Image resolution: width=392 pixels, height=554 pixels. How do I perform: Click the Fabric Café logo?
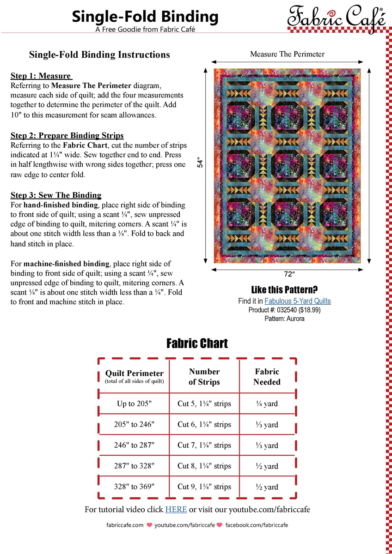(x=336, y=18)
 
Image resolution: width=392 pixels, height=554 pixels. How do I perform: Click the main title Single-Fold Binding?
(x=145, y=17)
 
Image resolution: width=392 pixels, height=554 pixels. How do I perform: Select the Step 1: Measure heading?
(x=41, y=76)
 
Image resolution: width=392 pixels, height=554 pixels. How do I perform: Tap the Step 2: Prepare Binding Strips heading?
(x=67, y=136)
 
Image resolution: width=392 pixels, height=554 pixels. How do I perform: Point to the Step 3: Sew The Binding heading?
(x=56, y=195)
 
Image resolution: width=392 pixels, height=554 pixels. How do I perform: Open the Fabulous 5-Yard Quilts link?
(x=298, y=301)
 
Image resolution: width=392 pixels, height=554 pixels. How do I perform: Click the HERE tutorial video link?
(x=176, y=510)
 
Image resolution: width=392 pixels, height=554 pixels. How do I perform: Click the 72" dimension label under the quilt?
(x=289, y=274)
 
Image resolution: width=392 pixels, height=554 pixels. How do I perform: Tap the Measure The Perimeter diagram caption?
(x=287, y=54)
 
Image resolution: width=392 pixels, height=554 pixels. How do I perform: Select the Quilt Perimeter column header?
(x=134, y=376)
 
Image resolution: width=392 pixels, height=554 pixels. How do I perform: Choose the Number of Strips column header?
(x=204, y=377)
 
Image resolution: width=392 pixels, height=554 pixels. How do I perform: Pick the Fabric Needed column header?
(x=267, y=377)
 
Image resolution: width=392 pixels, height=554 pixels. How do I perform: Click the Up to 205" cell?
(x=134, y=404)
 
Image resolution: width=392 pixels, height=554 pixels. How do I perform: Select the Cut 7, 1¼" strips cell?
(x=204, y=446)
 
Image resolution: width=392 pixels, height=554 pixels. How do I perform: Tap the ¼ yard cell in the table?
(x=267, y=404)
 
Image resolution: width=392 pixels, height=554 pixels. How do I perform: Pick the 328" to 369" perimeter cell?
(x=134, y=487)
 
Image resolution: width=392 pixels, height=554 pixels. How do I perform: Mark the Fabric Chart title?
(x=197, y=343)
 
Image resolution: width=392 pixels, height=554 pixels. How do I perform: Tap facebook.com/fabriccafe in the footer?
(x=257, y=525)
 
